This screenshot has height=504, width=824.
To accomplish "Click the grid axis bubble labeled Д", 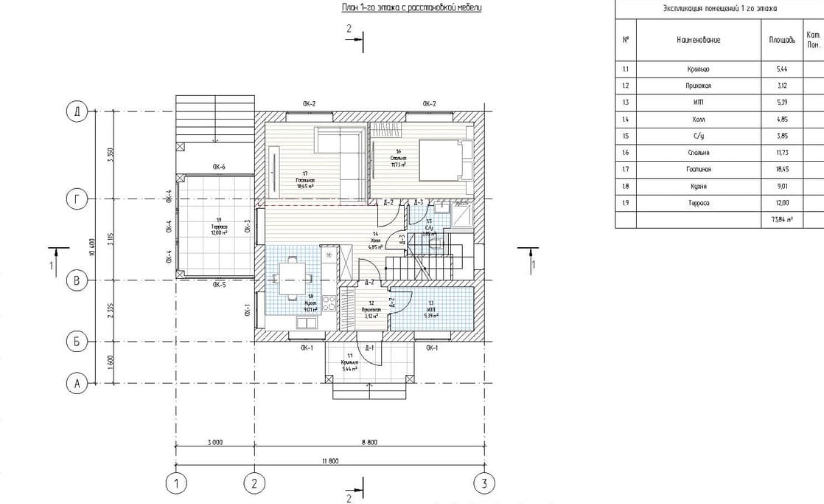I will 76,112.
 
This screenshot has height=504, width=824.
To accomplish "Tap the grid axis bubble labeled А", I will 76,383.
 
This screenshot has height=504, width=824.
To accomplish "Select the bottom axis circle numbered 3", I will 483,483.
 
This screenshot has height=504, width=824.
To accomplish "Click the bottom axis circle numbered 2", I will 254,483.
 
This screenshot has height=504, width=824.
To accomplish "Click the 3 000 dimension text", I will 214,442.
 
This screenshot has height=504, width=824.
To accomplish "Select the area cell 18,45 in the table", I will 782,170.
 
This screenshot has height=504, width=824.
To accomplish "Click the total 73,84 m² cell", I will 782,220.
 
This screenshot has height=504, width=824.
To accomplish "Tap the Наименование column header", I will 697,39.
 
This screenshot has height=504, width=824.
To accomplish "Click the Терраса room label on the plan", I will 219,228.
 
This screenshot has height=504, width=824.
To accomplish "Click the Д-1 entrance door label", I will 369,348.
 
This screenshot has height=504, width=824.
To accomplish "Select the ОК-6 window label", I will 219,168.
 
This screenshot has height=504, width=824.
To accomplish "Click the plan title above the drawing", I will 411,8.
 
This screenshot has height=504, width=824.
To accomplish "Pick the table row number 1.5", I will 625,137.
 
